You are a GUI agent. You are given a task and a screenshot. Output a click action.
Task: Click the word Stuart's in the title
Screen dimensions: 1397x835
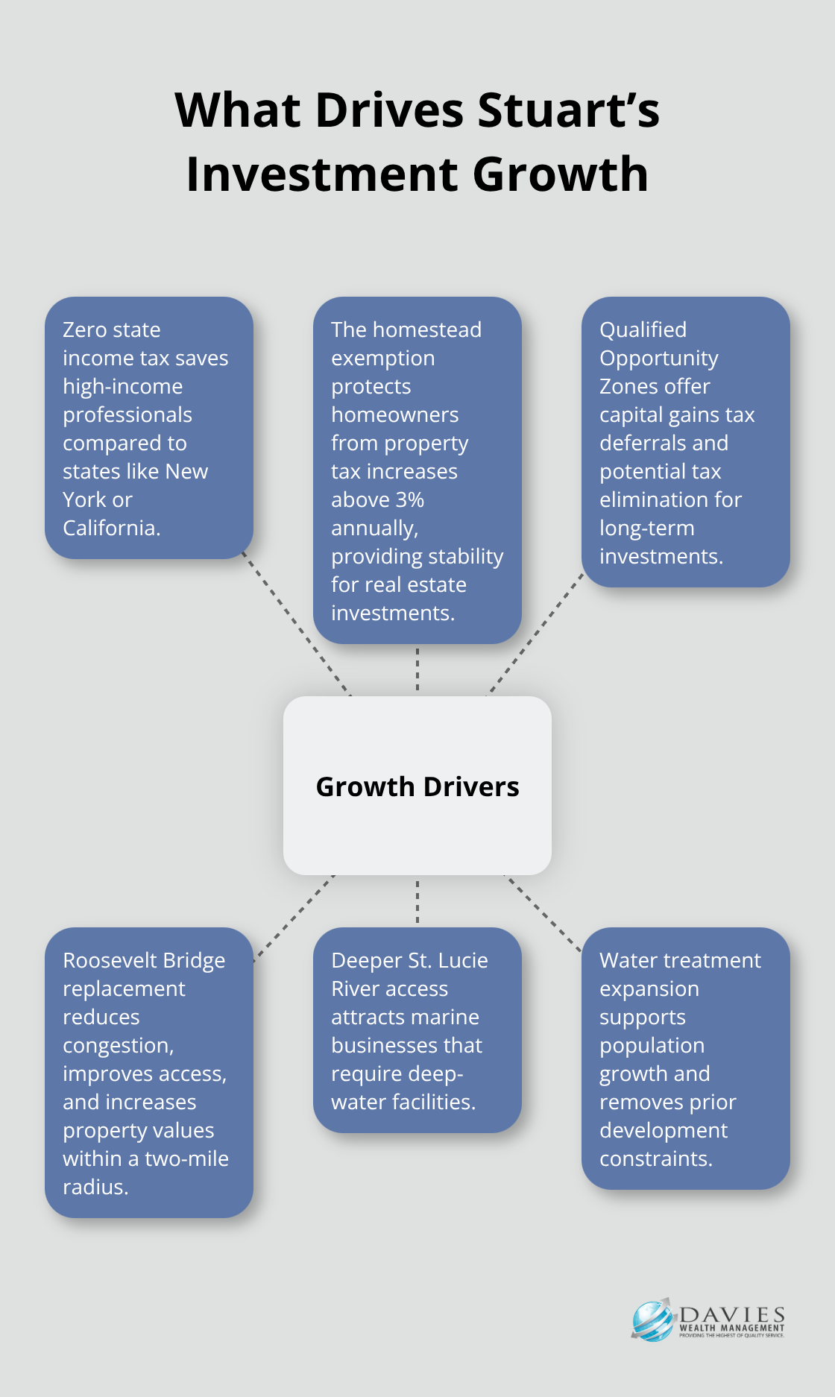click(568, 110)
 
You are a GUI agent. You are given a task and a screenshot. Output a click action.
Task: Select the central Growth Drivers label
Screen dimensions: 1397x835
click(417, 786)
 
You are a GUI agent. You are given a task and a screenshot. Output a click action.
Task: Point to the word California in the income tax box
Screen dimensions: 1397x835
click(110, 528)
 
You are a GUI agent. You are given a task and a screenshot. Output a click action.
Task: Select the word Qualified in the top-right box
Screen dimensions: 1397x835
click(643, 329)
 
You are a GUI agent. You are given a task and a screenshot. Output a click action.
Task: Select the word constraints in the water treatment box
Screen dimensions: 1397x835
click(655, 1158)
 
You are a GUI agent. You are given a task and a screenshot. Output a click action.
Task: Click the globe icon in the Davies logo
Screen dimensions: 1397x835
click(652, 1320)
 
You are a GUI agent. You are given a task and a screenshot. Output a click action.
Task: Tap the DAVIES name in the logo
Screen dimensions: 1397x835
click(732, 1314)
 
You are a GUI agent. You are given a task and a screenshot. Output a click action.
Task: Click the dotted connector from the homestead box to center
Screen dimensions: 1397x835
click(417, 669)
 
